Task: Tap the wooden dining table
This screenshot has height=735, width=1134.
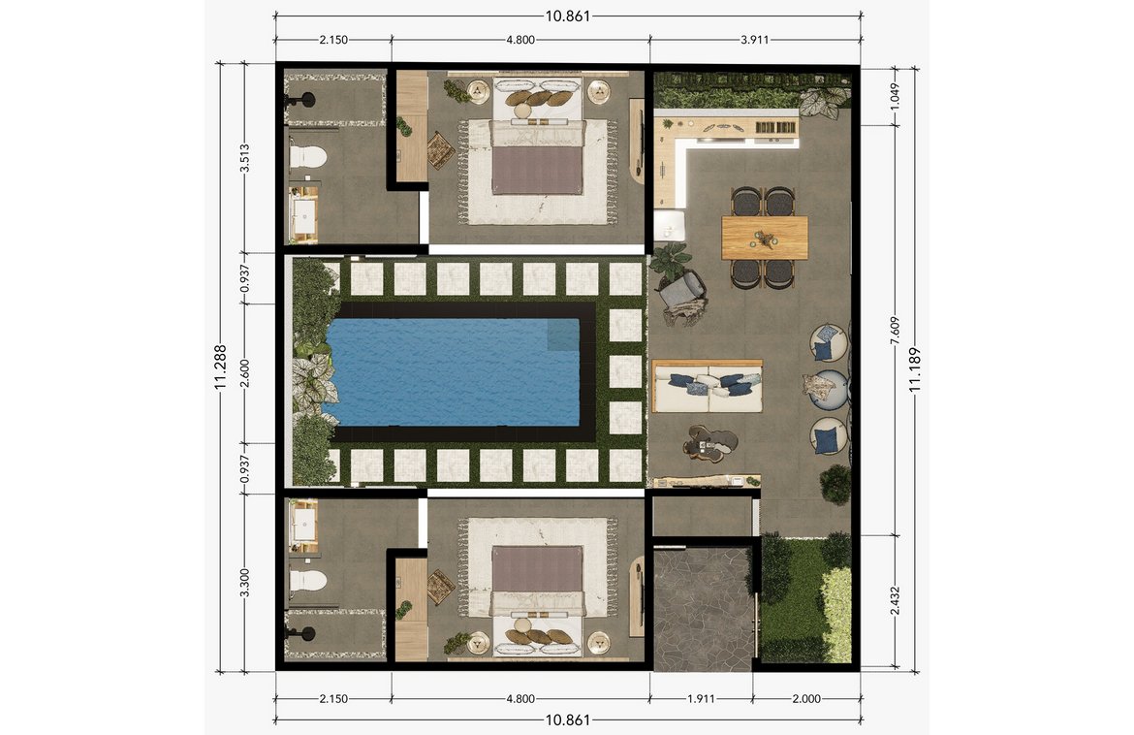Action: [x=765, y=238]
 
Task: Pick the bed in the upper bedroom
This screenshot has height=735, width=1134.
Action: [x=536, y=155]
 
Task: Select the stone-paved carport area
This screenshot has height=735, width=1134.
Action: [x=703, y=608]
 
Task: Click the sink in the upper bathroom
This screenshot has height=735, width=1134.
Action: [x=305, y=219]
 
